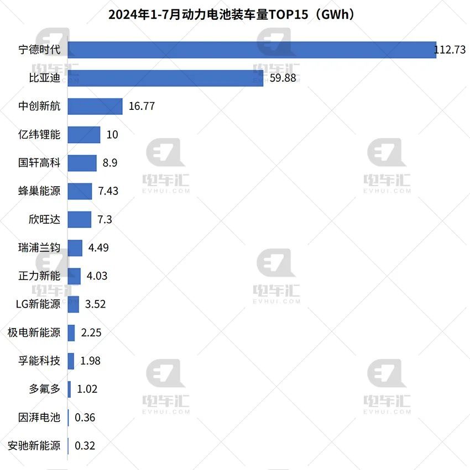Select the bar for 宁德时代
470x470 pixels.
click(252, 50)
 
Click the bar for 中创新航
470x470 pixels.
click(95, 107)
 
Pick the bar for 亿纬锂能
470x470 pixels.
click(84, 135)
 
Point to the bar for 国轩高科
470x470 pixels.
click(82, 163)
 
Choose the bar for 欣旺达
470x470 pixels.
click(80, 219)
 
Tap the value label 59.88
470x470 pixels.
click(283, 78)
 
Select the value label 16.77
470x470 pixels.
click(142, 107)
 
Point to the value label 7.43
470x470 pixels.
click(108, 191)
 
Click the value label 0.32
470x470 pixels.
click(85, 445)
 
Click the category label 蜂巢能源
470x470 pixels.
click(39, 191)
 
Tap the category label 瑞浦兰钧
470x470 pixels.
click(39, 247)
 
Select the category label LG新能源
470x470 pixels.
click(39, 304)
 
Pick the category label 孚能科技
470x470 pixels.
click(39, 361)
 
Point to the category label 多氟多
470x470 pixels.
click(44, 389)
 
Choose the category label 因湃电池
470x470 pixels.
click(39, 417)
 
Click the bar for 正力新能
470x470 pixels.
click(75, 276)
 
